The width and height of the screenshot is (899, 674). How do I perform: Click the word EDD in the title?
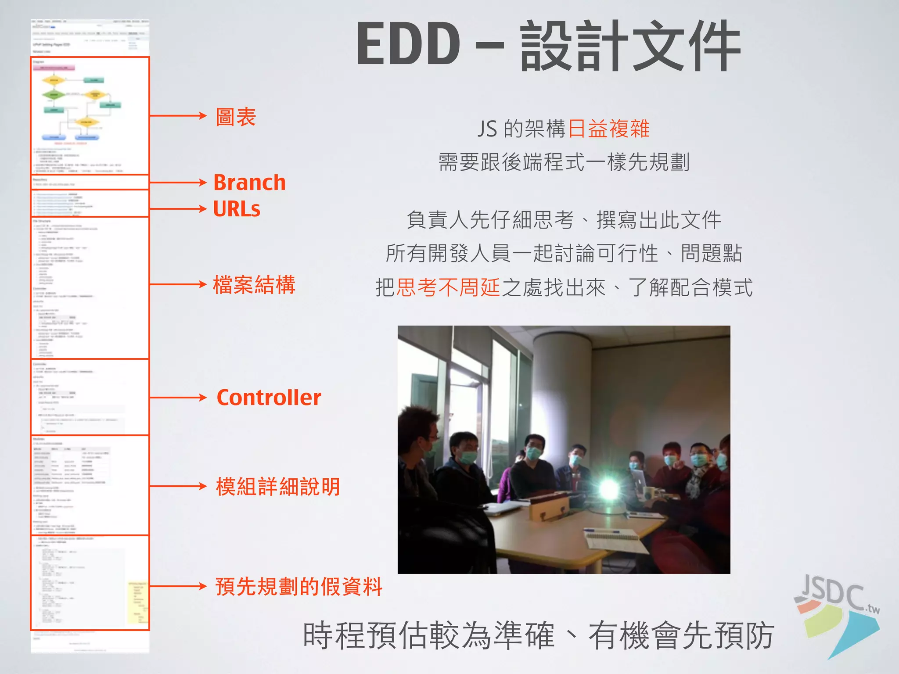point(408,44)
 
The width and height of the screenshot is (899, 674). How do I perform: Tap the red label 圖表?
point(236,117)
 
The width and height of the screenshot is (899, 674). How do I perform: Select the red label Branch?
point(249,183)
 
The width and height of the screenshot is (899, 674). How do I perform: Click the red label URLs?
point(237,209)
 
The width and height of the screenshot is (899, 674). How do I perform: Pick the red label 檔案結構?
point(254,285)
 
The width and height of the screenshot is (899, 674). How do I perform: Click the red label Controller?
point(269,398)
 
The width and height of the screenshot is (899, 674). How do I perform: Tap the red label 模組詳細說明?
point(278,487)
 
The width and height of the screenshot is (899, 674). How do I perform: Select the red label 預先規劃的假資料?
point(298,587)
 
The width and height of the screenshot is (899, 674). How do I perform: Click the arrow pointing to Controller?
point(178,398)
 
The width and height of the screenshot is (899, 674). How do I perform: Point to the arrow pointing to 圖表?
point(178,116)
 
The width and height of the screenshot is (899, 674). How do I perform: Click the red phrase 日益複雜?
point(608,129)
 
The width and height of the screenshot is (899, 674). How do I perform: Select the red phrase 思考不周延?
point(448,288)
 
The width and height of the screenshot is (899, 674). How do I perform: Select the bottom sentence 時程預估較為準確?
point(428,635)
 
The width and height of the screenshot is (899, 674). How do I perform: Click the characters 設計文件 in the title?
point(630,46)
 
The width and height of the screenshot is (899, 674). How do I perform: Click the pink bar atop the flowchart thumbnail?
point(54,68)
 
